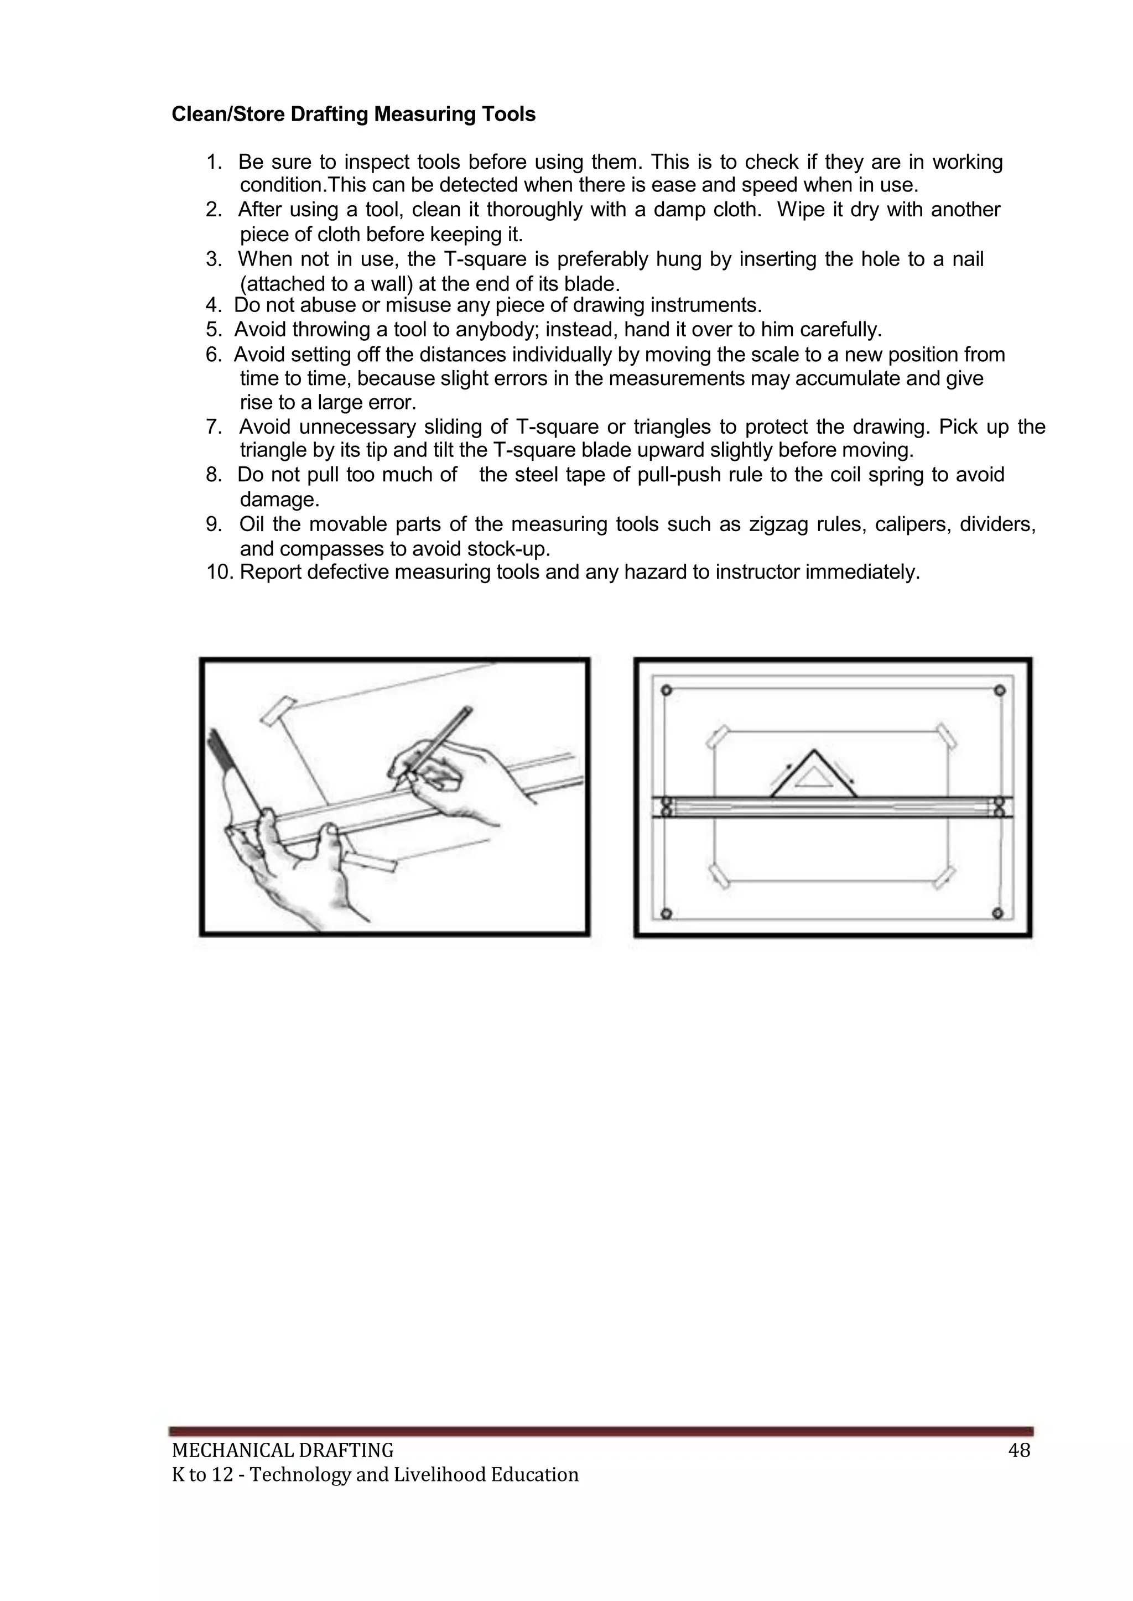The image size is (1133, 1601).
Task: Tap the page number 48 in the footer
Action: pyautogui.click(x=1018, y=1451)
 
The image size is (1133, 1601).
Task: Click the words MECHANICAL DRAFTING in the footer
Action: pyautogui.click(x=283, y=1451)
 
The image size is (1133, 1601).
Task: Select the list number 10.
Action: pyautogui.click(x=219, y=573)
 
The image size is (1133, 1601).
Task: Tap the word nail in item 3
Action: pyautogui.click(x=968, y=259)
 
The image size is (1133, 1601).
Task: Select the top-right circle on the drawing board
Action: pyautogui.click(x=1000, y=690)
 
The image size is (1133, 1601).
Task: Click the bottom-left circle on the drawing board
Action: pyautogui.click(x=666, y=914)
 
